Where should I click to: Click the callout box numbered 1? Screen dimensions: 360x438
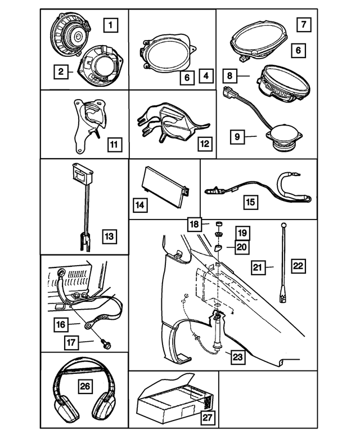tap(110, 25)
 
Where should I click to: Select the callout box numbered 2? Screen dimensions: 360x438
tap(61, 72)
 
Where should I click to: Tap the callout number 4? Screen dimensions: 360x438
tap(206, 75)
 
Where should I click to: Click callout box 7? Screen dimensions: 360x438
tap(304, 24)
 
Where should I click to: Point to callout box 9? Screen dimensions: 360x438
tap(237, 137)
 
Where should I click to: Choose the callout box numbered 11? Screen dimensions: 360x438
tap(114, 144)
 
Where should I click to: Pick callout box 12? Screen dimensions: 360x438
tap(205, 144)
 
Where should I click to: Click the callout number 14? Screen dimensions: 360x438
tap(140, 205)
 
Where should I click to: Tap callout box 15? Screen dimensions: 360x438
tap(250, 202)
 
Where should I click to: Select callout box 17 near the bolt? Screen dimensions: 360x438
tap(71, 342)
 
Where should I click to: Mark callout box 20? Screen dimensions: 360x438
tap(242, 247)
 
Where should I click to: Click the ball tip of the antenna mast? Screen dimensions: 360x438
tap(284, 225)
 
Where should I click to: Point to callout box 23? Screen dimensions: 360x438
tap(238, 357)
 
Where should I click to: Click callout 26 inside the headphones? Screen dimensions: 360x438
tap(85, 386)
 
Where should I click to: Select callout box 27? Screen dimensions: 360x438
tap(208, 418)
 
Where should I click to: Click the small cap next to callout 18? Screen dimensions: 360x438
tap(219, 224)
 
